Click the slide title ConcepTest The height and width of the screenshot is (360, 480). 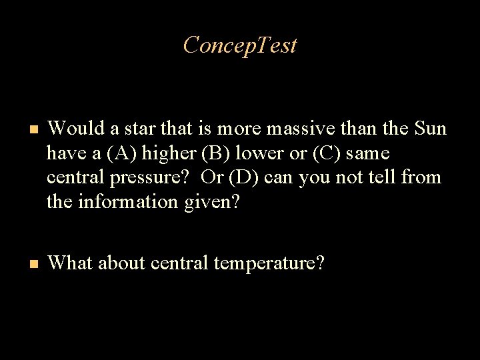(240, 45)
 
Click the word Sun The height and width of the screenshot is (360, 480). (429, 128)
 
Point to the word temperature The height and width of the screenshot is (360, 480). (268, 264)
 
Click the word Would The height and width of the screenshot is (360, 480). (72, 128)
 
